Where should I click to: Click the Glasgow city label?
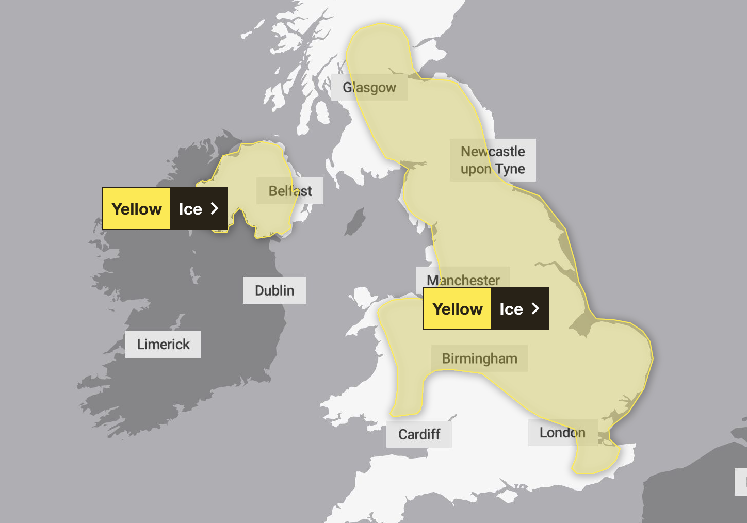pos(369,88)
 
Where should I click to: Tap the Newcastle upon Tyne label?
pos(493,160)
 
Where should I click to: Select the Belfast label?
pos(290,191)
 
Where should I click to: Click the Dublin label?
pos(274,290)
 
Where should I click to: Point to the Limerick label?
pos(163,344)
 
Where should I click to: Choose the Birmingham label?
pos(479,358)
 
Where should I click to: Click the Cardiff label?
pos(419,434)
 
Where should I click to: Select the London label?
pos(562,433)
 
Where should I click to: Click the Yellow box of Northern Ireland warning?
pos(137,208)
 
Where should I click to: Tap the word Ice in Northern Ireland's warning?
pos(190,209)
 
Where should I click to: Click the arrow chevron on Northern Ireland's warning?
pos(215,208)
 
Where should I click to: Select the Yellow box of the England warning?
pos(458,309)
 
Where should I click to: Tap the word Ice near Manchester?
pos(511,309)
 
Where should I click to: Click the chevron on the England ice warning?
pos(535,308)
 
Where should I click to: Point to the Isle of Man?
pos(355,222)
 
